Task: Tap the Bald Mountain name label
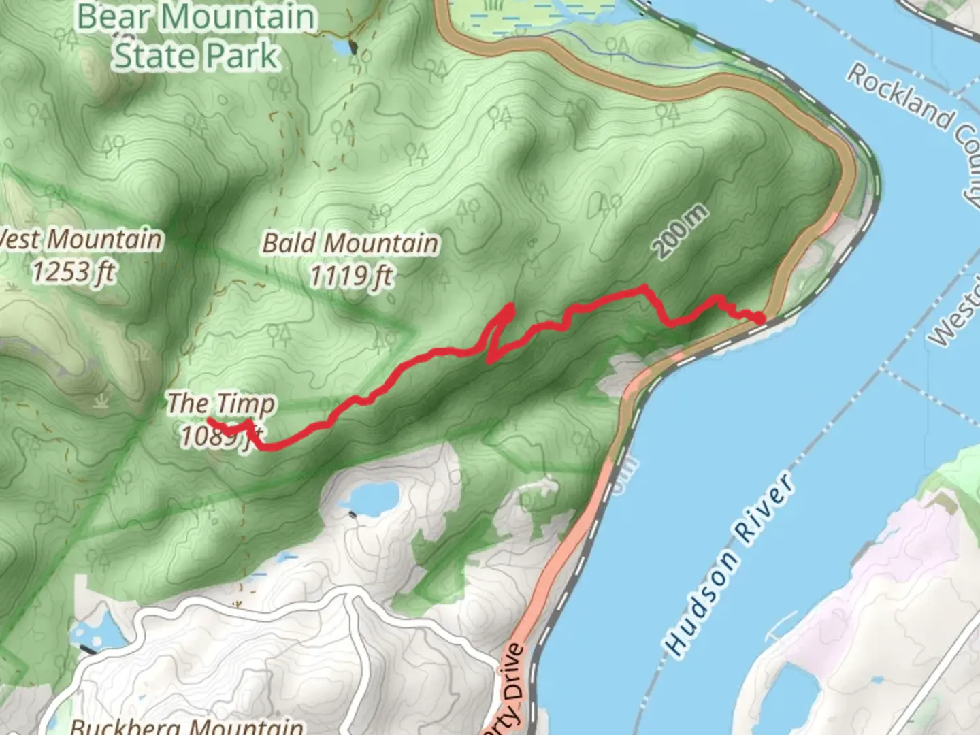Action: pos(350,243)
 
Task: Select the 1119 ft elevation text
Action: pos(351,276)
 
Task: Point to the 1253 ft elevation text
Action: pos(73,272)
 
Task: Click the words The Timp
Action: pos(221,404)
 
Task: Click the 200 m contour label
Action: pos(681,231)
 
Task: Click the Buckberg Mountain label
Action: pos(187,725)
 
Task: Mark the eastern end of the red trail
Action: pos(762,318)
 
